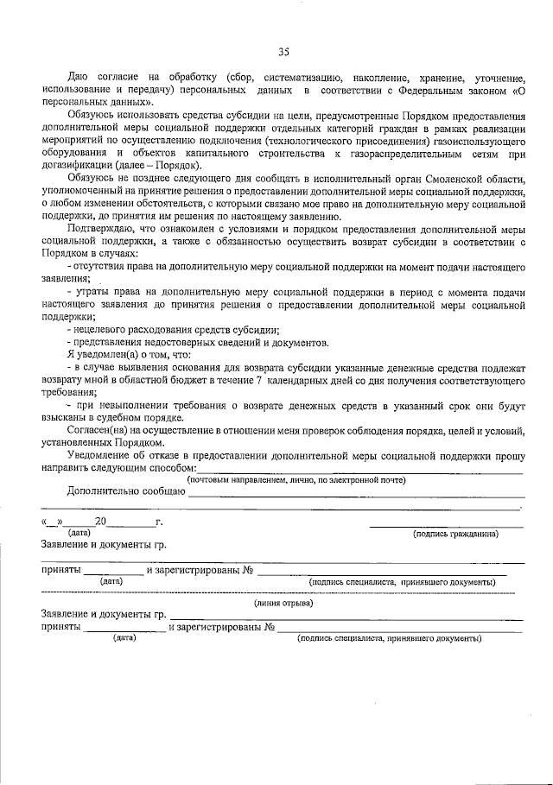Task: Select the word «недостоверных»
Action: pos(182,342)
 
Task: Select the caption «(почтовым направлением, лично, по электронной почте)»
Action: pos(296,480)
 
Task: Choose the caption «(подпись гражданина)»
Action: pos(456,534)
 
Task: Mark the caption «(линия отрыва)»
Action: pos(283,603)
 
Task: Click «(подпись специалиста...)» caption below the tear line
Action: pos(388,638)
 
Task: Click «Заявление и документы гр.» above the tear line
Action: pos(104,545)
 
